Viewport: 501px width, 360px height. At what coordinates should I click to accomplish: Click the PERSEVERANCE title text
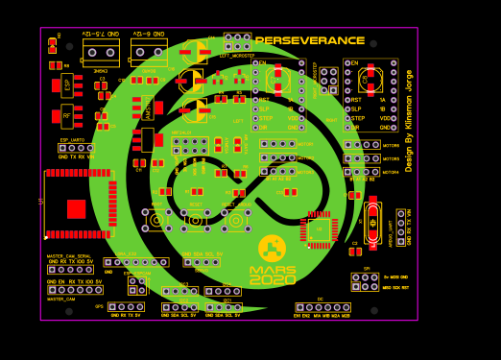(310, 40)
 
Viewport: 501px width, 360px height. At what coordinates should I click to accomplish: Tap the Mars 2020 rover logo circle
(272, 250)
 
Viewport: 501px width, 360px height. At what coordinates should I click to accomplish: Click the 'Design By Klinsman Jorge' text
(409, 120)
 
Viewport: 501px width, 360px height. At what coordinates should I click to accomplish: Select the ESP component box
(67, 84)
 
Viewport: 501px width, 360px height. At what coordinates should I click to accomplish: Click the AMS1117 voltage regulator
(148, 109)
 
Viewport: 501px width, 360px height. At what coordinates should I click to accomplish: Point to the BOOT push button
(156, 220)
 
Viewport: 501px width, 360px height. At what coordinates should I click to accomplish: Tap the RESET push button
(196, 220)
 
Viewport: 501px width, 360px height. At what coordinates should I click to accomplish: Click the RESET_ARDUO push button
(235, 220)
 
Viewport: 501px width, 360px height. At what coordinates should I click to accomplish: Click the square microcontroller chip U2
(320, 229)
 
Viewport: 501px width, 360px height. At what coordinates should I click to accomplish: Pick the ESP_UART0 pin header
(76, 149)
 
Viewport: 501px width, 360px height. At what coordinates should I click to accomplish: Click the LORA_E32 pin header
(135, 262)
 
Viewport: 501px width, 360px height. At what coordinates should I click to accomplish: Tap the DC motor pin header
(322, 308)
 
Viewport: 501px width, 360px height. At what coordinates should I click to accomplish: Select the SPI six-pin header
(365, 281)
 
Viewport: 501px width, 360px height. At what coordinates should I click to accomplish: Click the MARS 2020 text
(273, 276)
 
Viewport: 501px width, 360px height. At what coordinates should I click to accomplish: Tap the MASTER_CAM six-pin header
(75, 289)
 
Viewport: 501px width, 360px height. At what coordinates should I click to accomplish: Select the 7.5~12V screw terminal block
(101, 51)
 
